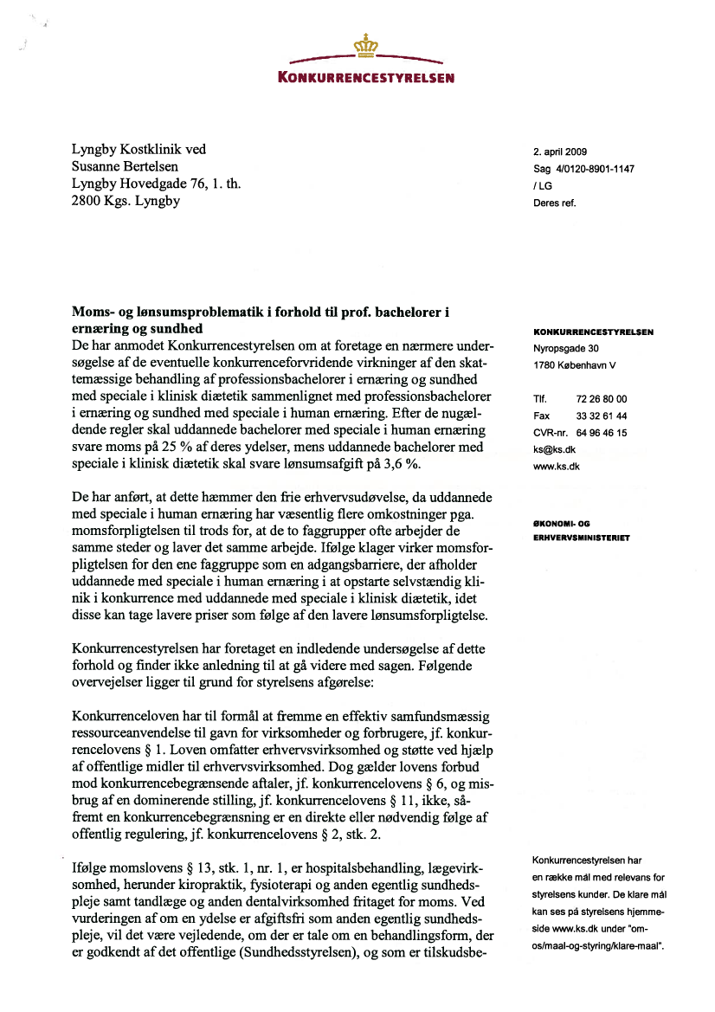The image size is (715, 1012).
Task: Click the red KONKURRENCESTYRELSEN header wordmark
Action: click(366, 77)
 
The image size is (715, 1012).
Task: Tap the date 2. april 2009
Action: click(561, 152)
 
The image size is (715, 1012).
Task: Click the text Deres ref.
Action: click(554, 203)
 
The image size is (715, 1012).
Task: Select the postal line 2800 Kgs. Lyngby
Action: click(125, 201)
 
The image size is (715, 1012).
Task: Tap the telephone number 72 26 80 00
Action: click(601, 399)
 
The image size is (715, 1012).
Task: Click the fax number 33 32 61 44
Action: click(601, 416)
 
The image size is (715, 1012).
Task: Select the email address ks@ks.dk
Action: click(556, 449)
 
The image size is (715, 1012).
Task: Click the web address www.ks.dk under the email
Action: click(557, 466)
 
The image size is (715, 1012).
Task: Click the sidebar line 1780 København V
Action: click(575, 364)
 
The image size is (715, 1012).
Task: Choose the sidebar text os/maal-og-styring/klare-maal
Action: click(599, 945)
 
